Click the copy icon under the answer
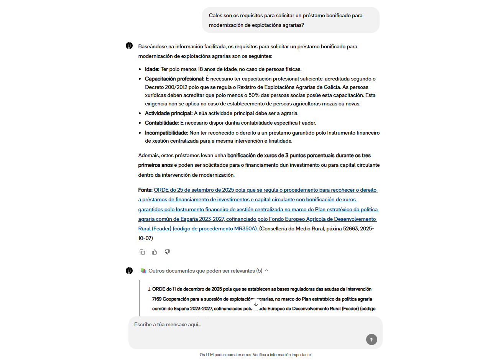point(142,252)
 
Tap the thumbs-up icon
point(155,252)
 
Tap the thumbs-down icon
point(167,252)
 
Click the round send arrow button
point(371,339)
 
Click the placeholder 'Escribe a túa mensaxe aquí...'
point(168,325)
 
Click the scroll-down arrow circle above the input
point(256,304)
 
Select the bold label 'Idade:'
point(152,69)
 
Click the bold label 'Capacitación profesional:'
point(174,79)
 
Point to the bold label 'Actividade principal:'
point(169,113)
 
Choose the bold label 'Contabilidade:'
point(162,123)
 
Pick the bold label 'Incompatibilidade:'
point(166,133)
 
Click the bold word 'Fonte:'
point(145,190)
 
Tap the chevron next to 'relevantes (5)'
point(266,271)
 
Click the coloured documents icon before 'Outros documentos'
point(143,271)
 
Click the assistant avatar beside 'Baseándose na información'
point(129,46)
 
